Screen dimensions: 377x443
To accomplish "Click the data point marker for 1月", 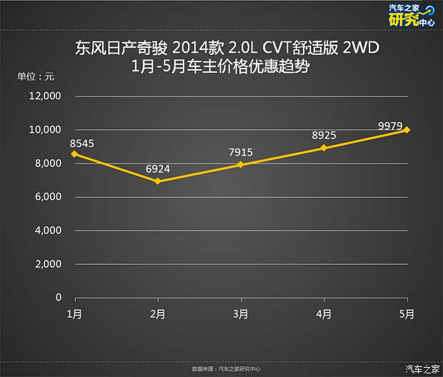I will coord(73,154).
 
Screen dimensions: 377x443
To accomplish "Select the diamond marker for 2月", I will coord(157,181).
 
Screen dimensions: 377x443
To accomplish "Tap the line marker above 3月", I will coord(241,164).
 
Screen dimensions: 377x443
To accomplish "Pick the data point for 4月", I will coord(324,148).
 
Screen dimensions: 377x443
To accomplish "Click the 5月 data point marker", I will coord(407,130).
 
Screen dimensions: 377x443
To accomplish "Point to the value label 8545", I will coord(82,143).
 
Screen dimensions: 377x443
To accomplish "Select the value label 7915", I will coord(241,153).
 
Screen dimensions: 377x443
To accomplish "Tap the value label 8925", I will coord(324,136).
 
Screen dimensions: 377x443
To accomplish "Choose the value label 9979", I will coord(394,126).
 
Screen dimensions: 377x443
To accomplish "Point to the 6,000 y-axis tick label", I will coord(50,197).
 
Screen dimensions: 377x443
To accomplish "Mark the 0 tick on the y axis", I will coord(59,298).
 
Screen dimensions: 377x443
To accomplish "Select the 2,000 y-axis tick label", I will coord(50,264).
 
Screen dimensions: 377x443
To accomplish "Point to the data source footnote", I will coord(227,369).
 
